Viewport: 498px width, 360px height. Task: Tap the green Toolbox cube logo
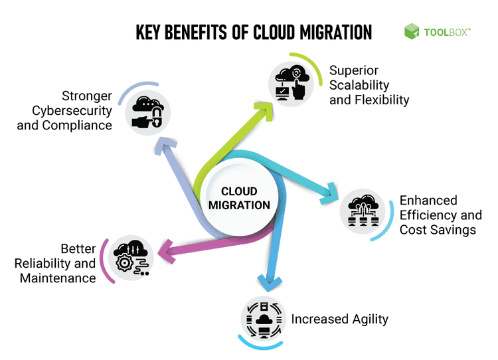point(412,31)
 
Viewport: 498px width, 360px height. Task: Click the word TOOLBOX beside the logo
point(444,31)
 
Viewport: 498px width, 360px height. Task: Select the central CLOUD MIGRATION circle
point(239,197)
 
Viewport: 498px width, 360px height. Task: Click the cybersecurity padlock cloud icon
point(148,112)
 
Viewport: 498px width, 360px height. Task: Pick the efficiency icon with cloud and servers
point(363,214)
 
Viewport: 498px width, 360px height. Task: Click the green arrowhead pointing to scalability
point(266,110)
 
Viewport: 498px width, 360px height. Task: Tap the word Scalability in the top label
point(359,86)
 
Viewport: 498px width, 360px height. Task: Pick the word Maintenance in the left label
point(58,278)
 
